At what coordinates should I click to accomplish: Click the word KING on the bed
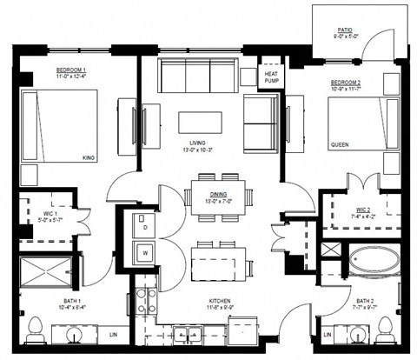click(110, 157)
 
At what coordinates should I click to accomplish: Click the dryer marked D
click(143, 226)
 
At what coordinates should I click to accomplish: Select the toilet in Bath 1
click(36, 331)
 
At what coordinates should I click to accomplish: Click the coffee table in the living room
click(199, 122)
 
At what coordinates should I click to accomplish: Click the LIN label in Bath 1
click(111, 333)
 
